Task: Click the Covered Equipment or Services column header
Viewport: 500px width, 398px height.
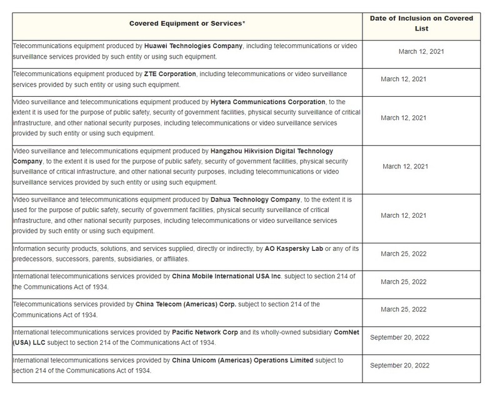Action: pos(187,23)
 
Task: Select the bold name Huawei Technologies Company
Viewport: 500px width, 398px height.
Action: pos(193,46)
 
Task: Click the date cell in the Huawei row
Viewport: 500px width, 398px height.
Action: pos(421,51)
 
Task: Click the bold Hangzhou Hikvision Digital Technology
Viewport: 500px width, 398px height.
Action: pos(270,151)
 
